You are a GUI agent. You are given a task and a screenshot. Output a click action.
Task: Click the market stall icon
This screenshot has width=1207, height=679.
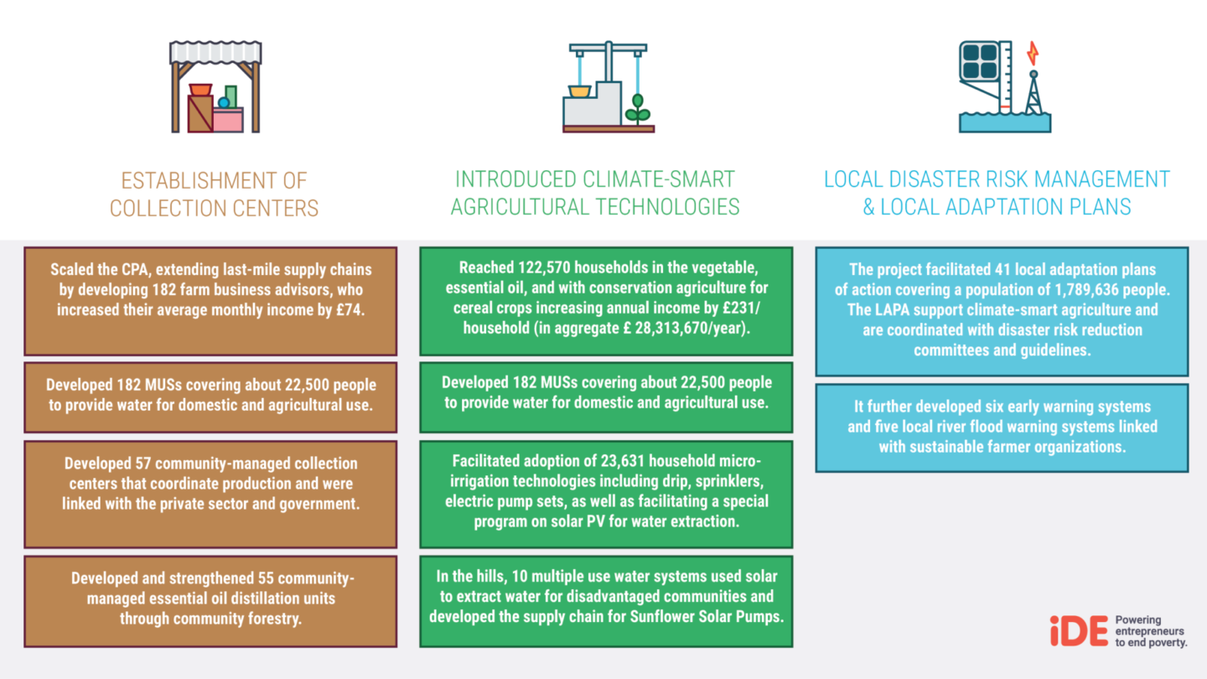(x=215, y=87)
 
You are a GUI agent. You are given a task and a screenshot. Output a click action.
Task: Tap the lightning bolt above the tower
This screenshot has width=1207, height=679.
(x=1033, y=54)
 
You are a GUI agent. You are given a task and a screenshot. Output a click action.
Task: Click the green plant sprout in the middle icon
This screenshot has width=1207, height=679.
(x=638, y=110)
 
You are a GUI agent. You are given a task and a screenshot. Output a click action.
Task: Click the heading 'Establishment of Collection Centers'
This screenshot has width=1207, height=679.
(x=215, y=194)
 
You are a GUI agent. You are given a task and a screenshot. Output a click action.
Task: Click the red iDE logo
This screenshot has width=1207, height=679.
(x=1079, y=631)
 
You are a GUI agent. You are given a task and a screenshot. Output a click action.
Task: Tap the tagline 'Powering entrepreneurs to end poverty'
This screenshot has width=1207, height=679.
(x=1150, y=631)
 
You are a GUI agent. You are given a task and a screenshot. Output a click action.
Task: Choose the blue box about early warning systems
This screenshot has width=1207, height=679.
(x=1002, y=427)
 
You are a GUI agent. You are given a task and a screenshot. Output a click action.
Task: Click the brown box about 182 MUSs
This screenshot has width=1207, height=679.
(x=210, y=396)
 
